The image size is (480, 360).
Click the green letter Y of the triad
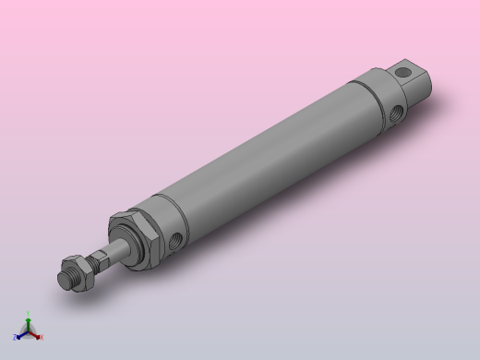(29, 313)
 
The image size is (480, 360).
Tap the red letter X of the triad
(41, 337)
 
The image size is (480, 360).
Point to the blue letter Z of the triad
(16, 337)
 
